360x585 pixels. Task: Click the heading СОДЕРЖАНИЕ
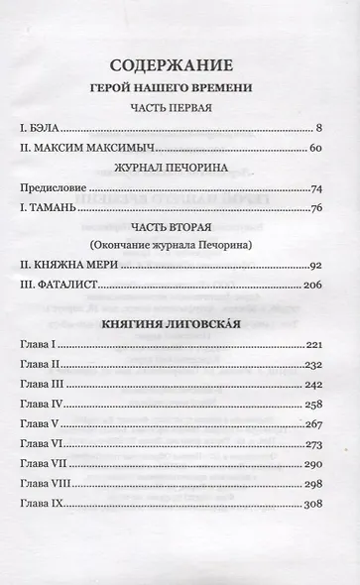[180, 65]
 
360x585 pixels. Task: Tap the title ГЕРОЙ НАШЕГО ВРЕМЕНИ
[180, 87]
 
